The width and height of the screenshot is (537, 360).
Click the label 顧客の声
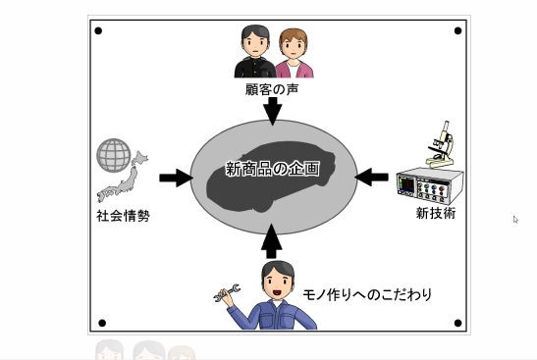[x=272, y=89]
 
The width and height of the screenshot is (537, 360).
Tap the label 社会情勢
[x=123, y=215]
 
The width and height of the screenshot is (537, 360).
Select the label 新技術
[x=435, y=212]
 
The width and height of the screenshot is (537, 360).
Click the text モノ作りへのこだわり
[x=366, y=294]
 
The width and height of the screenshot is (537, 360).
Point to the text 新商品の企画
[x=272, y=169]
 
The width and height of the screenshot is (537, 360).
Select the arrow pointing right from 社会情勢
[x=176, y=178]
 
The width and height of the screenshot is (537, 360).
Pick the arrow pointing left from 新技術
[x=371, y=177]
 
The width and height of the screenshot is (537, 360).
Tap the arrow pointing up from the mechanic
[x=273, y=240]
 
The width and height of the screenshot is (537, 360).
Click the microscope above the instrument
[x=440, y=144]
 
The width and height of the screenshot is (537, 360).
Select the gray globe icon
[x=114, y=155]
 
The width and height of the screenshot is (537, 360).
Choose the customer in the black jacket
[x=253, y=53]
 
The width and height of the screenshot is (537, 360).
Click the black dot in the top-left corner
[x=98, y=30]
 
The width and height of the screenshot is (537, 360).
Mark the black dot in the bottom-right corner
[x=457, y=322]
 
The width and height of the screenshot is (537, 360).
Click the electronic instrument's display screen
[x=406, y=183]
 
